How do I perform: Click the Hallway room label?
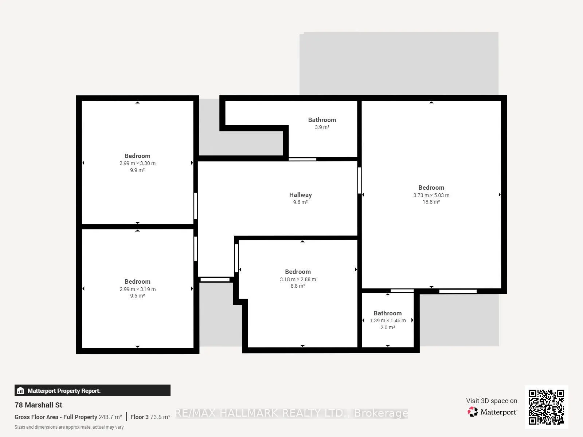click(300, 195)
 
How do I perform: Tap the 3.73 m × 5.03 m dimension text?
click(431, 195)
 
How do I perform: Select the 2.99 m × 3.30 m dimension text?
click(137, 163)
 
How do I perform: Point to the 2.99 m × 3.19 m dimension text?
click(138, 289)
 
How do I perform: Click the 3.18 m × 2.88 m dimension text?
click(298, 279)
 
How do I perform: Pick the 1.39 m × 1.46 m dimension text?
click(388, 320)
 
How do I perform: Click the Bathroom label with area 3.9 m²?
click(322, 120)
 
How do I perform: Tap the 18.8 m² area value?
click(431, 202)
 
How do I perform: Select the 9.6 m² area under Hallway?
click(300, 202)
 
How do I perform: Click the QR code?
click(546, 407)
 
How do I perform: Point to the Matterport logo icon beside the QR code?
click(473, 412)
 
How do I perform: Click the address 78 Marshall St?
click(38, 405)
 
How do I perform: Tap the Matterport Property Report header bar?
click(93, 390)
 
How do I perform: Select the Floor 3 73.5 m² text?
click(150, 417)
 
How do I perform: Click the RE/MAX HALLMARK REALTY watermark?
click(291, 413)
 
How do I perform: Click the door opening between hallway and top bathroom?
click(302, 159)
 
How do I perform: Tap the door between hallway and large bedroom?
click(359, 180)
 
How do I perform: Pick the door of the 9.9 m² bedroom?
click(195, 206)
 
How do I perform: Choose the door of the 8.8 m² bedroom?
click(236, 258)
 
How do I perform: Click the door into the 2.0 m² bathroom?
click(402, 291)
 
